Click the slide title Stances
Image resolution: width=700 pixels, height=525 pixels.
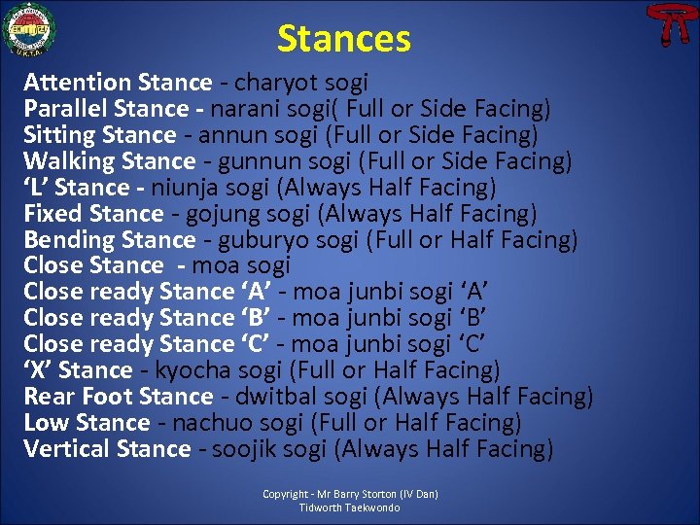[x=343, y=39]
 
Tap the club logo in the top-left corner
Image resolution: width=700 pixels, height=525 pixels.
[x=29, y=29]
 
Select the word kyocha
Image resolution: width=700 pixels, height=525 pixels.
[x=188, y=370]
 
